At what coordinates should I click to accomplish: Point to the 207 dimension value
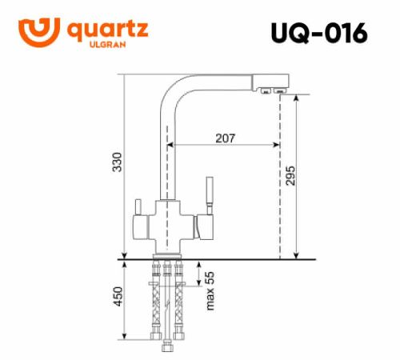pyautogui.click(x=225, y=138)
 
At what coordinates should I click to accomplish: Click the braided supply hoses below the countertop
pyautogui.click(x=168, y=308)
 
